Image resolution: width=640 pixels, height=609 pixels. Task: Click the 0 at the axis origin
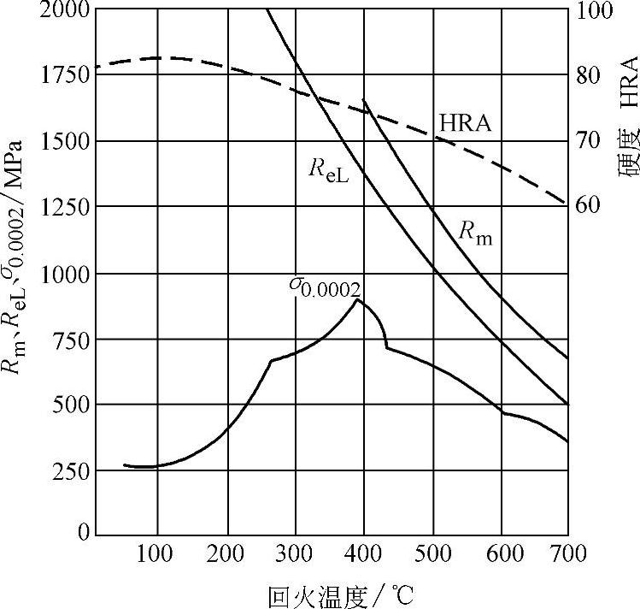pos(82,535)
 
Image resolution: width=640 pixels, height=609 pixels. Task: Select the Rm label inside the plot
pos(474,234)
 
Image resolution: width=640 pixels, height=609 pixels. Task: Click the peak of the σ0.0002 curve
pos(356,299)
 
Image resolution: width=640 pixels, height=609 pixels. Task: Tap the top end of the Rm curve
pos(364,101)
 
